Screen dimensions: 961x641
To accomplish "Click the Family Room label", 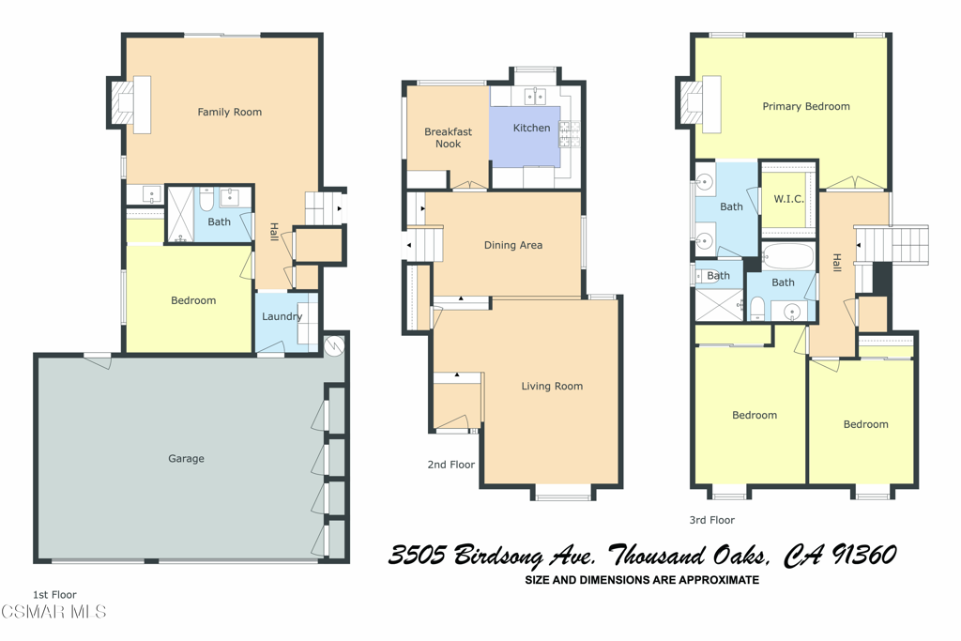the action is coord(229,112).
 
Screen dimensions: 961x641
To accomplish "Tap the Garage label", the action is coord(186,458).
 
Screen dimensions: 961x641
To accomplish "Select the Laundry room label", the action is coord(282,316).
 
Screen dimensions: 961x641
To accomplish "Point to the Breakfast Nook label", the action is coord(448,137).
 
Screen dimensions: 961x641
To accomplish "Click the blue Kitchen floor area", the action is coord(525,137).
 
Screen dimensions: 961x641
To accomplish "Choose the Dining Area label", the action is coord(513,245).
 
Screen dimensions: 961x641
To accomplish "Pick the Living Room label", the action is coord(552,386).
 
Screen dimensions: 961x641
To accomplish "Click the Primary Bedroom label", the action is coord(806,106).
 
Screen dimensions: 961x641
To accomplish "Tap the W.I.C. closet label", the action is coord(788,199).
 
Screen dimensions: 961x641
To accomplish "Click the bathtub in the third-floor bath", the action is coord(788,256).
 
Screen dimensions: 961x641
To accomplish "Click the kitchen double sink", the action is coord(536,96).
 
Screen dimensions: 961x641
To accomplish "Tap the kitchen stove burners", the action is coord(569,134).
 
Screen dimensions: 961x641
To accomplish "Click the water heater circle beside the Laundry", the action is coord(335,345).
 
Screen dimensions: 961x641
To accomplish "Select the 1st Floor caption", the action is coord(54,594).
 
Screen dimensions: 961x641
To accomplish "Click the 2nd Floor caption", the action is coord(451,465).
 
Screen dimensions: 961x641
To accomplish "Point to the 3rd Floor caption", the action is coord(711,520).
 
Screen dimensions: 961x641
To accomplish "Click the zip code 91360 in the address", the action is coord(863,555).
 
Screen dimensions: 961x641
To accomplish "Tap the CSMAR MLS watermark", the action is coord(53,611).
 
